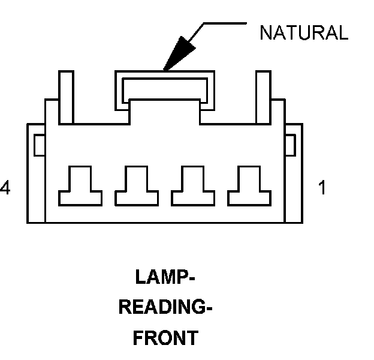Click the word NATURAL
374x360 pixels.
(304, 32)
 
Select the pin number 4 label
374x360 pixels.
(5, 187)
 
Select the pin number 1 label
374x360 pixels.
(322, 187)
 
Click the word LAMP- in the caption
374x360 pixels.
(165, 277)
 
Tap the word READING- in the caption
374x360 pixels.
(165, 307)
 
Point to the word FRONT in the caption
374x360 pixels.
(165, 338)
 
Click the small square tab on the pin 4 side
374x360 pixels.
(40, 145)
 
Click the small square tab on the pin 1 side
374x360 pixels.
(291, 145)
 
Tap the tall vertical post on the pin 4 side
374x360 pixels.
(67, 97)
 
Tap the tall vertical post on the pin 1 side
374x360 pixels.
(263, 97)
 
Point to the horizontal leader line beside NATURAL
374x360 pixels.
(225, 23)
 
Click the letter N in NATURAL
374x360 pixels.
(266, 32)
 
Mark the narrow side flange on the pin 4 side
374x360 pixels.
(36, 173)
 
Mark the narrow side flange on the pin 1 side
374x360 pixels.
(294, 173)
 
